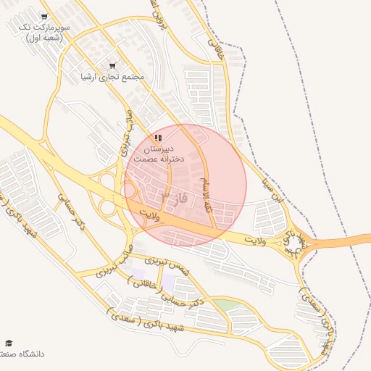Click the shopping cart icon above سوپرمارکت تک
(x=44, y=17)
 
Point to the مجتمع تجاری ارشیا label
(x=113, y=76)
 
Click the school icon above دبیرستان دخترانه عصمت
(x=158, y=137)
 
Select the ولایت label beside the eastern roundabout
(x=256, y=237)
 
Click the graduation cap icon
(x=9, y=343)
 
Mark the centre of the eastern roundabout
(x=294, y=243)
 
